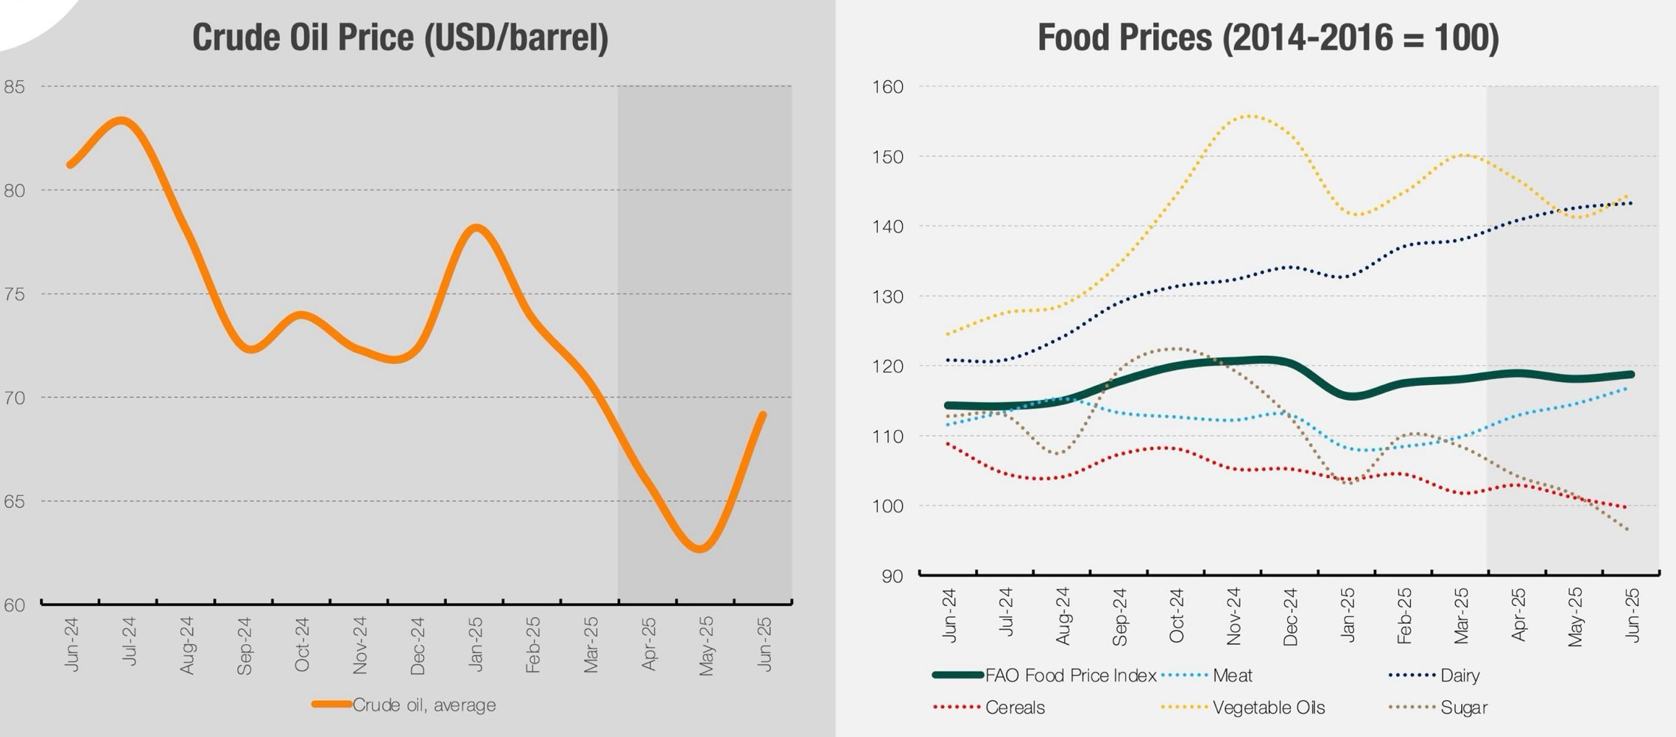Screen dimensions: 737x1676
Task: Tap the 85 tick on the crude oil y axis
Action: click(x=14, y=87)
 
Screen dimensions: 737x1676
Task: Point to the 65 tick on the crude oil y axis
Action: click(x=14, y=501)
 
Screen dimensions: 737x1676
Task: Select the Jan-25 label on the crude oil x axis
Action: click(x=475, y=644)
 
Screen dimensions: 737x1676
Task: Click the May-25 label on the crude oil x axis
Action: click(x=705, y=646)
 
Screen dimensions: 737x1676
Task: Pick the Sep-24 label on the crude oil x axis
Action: click(x=244, y=646)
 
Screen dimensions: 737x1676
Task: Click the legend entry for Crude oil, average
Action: click(x=423, y=705)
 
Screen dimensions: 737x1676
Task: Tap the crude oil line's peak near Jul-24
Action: click(x=122, y=120)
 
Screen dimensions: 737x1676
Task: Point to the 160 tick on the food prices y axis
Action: click(x=887, y=87)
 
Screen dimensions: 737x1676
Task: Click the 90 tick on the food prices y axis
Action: click(x=892, y=576)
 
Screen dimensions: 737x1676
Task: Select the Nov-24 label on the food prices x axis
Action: click(x=1233, y=616)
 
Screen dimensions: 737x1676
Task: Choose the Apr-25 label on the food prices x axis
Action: click(x=1518, y=615)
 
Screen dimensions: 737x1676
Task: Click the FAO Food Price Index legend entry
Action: click(x=1070, y=675)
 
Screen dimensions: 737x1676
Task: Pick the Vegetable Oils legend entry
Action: click(x=1268, y=708)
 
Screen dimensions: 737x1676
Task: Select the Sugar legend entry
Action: click(x=1463, y=708)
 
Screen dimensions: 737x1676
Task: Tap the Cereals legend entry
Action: click(x=1015, y=708)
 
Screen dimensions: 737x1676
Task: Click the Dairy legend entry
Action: click(x=1460, y=675)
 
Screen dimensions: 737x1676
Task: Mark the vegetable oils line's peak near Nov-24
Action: click(x=1250, y=116)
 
